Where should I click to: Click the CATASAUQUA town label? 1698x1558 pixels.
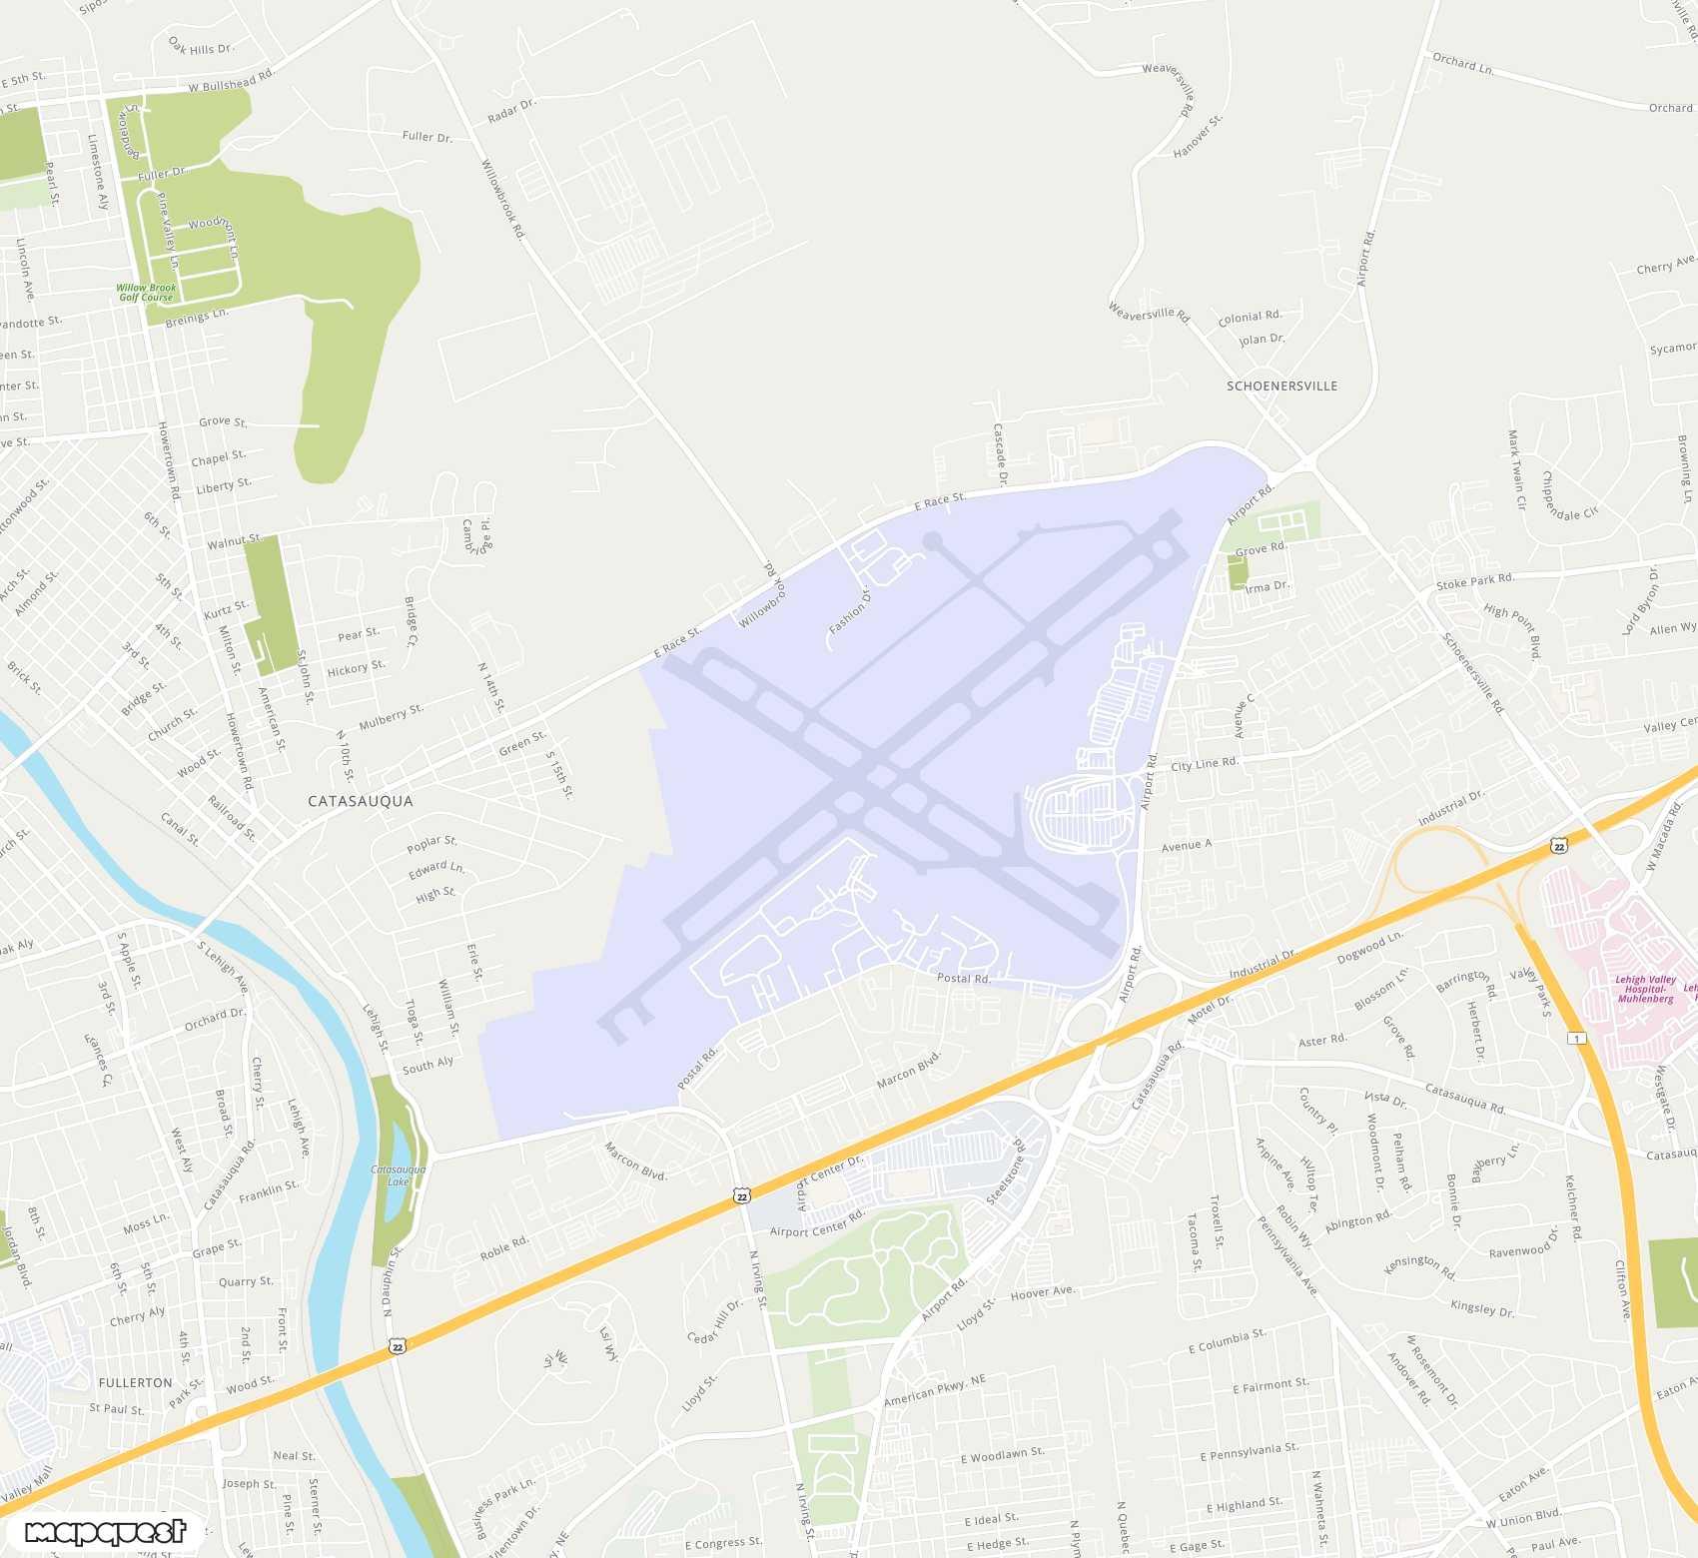coord(360,801)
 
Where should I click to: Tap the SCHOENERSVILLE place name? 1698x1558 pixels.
coord(1281,386)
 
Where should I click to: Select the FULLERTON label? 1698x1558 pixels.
coord(135,1383)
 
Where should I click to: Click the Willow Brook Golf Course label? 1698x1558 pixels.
coord(147,293)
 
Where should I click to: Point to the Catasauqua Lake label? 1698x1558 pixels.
coord(398,1175)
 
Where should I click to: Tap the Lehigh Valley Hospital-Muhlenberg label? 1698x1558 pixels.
coord(1645,989)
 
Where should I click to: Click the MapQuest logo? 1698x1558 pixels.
coord(105,1531)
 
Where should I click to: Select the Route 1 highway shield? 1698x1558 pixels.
coord(1576,1039)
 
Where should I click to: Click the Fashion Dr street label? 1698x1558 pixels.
coord(850,611)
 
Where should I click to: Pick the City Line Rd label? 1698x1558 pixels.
coord(1204,764)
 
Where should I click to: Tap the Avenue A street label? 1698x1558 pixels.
coord(1186,846)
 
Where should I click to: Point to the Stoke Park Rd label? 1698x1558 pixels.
coord(1474,581)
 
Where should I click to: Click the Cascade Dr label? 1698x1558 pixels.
coord(1000,454)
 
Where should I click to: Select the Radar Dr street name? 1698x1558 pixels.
coord(511,111)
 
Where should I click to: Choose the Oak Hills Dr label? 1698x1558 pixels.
coord(201,47)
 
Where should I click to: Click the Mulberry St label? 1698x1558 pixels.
coord(391,716)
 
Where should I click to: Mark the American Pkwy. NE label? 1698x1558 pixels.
coord(934,1390)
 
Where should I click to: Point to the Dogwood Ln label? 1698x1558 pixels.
coord(1369,947)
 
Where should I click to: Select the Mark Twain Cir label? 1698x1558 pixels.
coord(1516,469)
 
